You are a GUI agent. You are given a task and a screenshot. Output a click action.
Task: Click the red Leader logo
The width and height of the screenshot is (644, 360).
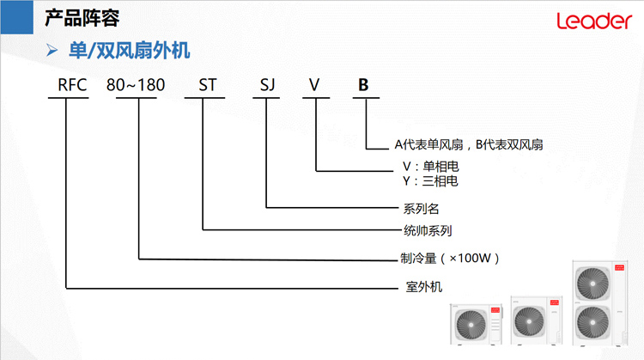tap(594, 21)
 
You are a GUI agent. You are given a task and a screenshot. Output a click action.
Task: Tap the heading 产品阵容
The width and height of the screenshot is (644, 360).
tap(82, 18)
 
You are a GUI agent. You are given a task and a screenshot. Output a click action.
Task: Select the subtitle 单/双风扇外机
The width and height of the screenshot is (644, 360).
tap(129, 51)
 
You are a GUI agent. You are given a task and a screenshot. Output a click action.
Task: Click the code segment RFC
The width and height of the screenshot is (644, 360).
tap(72, 85)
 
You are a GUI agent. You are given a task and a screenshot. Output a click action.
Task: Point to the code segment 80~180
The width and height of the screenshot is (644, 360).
tap(136, 85)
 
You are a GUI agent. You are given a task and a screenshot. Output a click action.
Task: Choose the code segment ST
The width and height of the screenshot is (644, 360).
tap(208, 85)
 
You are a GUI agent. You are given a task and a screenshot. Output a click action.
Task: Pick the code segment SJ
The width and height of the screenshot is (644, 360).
tap(267, 85)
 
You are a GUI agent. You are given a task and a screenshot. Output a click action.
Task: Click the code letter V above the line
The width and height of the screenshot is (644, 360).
tap(314, 85)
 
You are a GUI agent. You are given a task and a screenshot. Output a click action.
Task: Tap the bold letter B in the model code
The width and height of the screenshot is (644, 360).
tap(363, 85)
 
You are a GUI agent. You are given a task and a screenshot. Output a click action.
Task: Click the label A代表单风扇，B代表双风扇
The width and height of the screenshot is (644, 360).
tap(469, 144)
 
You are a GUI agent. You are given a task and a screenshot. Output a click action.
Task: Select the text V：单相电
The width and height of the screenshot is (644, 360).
tap(430, 167)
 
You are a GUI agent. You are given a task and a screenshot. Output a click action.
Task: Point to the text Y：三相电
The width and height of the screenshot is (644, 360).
tap(430, 180)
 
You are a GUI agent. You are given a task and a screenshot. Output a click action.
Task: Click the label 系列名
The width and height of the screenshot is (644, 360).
tap(421, 209)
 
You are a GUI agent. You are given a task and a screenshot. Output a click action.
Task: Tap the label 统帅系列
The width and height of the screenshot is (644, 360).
tap(428, 230)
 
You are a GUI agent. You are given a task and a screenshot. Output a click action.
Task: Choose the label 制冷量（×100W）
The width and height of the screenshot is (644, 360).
tap(450, 259)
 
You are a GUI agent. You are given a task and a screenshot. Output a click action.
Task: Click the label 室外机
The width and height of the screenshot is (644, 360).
tap(424, 286)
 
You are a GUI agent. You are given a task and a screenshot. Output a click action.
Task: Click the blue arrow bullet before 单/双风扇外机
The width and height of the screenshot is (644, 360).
tap(52, 50)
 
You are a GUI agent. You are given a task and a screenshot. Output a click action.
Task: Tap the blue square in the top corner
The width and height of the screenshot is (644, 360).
tap(17, 17)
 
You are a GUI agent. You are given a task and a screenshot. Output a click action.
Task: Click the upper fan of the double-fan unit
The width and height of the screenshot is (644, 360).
tap(592, 284)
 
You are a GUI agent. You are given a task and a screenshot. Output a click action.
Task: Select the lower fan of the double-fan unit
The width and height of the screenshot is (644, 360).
tap(592, 322)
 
